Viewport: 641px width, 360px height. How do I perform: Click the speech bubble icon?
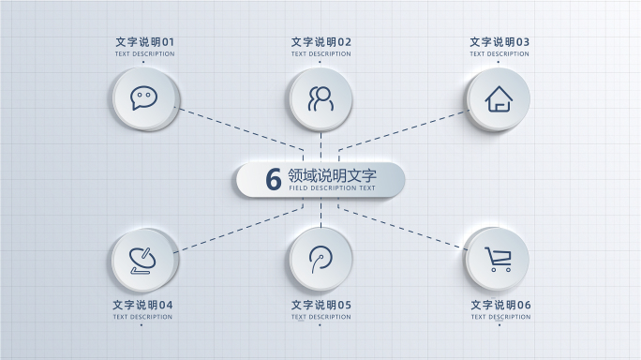[x=143, y=97]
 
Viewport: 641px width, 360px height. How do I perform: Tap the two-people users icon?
[x=320, y=98]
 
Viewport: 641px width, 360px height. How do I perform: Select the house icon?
[x=499, y=98]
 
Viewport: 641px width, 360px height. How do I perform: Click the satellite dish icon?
[x=143, y=259]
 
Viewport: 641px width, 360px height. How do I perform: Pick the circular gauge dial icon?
[x=320, y=258]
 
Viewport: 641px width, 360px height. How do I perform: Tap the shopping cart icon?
[x=498, y=259]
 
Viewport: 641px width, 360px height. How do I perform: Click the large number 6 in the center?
[x=274, y=179]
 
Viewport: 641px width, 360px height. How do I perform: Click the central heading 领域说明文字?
[x=333, y=175]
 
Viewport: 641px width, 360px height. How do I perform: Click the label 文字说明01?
[x=144, y=42]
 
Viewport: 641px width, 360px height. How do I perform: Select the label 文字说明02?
[x=321, y=42]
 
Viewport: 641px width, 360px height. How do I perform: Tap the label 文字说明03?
[x=499, y=42]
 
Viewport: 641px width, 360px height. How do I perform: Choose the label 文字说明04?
[x=143, y=305]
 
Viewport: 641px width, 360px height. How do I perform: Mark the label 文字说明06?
[x=500, y=305]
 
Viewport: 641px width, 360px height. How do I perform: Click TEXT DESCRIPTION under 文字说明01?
[x=144, y=53]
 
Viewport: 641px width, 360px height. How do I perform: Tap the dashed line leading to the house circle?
[x=403, y=129]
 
